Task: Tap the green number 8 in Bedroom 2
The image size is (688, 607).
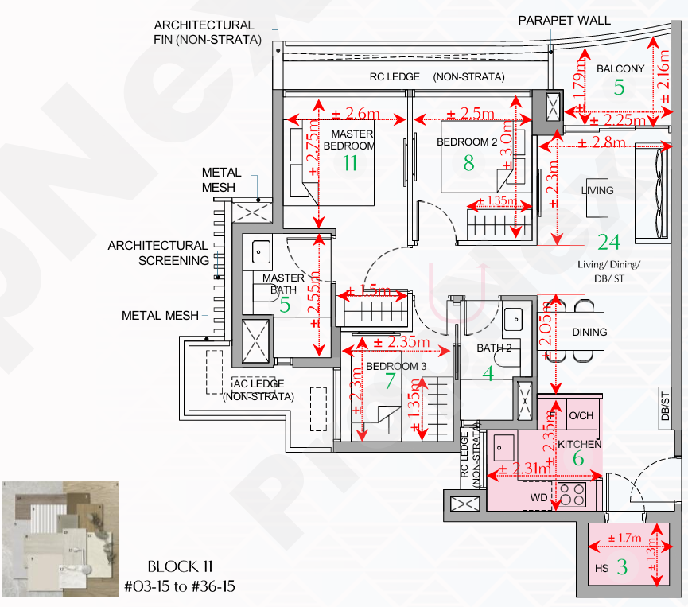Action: pos(468,162)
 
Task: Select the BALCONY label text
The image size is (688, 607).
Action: pos(620,69)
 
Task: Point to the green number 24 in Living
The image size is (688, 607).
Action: pos(608,241)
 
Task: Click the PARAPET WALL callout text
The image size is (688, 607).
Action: pos(565,20)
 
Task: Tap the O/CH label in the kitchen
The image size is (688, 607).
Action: pos(581,416)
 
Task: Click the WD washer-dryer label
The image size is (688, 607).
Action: pos(539,498)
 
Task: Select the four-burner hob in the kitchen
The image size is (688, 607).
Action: pos(573,495)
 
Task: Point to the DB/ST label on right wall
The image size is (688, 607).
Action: pos(666,407)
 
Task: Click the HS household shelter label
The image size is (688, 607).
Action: pos(601,569)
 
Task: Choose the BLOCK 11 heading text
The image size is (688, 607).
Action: pos(179,566)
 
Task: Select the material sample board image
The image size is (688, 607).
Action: pos(60,537)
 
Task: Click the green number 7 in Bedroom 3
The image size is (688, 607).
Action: pos(389,380)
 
